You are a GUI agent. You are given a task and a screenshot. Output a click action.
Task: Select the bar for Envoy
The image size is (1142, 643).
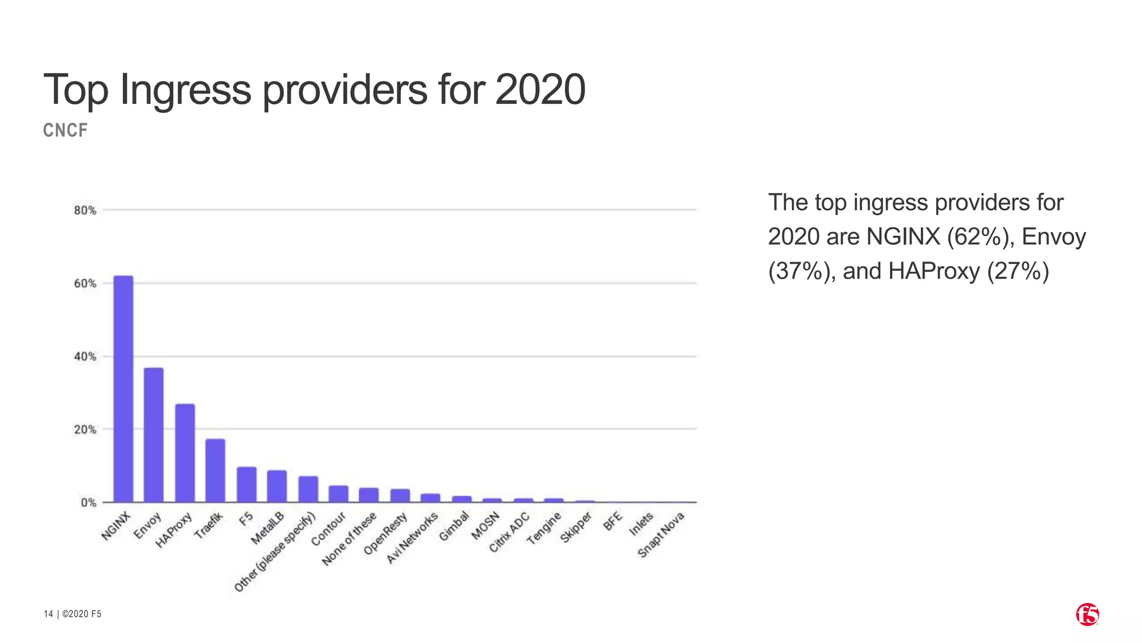(153, 435)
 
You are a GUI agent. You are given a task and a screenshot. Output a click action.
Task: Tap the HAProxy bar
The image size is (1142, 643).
(185, 453)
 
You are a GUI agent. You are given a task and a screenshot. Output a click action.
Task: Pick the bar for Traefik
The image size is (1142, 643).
(215, 471)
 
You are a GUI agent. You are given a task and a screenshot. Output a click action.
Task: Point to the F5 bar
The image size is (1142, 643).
(246, 484)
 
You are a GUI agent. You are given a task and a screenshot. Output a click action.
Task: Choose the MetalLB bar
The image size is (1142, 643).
(277, 486)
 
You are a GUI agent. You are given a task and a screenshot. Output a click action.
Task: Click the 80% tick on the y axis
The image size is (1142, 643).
(85, 210)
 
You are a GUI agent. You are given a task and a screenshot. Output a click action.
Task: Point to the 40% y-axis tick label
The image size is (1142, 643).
(85, 357)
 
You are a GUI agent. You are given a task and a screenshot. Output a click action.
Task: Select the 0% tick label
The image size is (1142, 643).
(88, 503)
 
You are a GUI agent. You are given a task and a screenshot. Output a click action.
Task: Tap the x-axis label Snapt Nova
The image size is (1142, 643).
(661, 534)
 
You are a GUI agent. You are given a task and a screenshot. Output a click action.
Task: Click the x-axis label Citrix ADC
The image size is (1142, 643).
(509, 533)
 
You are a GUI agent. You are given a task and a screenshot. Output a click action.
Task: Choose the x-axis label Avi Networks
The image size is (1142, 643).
(413, 538)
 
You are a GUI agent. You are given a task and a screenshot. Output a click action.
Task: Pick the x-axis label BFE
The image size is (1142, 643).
(612, 521)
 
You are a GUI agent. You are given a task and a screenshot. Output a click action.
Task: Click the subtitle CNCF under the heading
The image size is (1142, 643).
(65, 131)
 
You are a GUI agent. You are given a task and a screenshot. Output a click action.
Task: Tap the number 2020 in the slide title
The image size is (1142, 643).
(540, 89)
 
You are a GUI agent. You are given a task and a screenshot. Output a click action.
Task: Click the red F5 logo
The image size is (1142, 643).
(1087, 615)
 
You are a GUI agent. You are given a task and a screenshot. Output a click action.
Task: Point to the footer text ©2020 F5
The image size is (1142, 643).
(82, 614)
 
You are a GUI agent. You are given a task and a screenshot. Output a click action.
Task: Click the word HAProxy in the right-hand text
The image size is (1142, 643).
(933, 271)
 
